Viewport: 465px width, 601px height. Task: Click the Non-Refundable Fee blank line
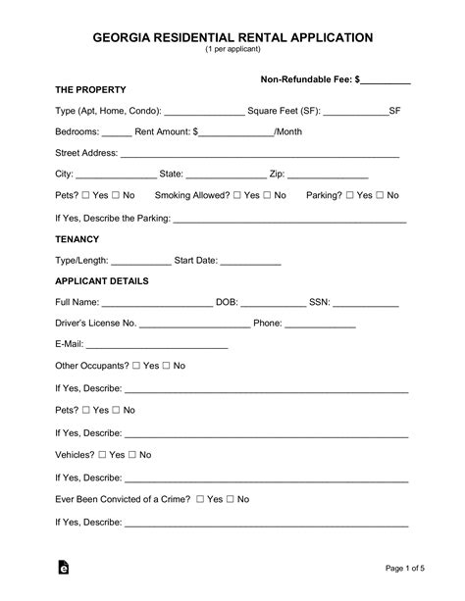tap(386, 80)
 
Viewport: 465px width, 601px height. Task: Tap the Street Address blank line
tap(259, 155)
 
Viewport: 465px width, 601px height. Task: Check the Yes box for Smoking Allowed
tap(238, 195)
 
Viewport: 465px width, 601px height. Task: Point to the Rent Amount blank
tap(236, 133)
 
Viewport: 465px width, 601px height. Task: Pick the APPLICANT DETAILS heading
tap(102, 281)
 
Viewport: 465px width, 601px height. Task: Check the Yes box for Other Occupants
tap(137, 366)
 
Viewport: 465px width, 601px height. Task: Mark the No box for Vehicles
tap(132, 455)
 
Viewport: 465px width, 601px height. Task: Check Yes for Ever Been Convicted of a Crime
tap(201, 499)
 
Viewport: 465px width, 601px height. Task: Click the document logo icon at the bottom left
tap(65, 567)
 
